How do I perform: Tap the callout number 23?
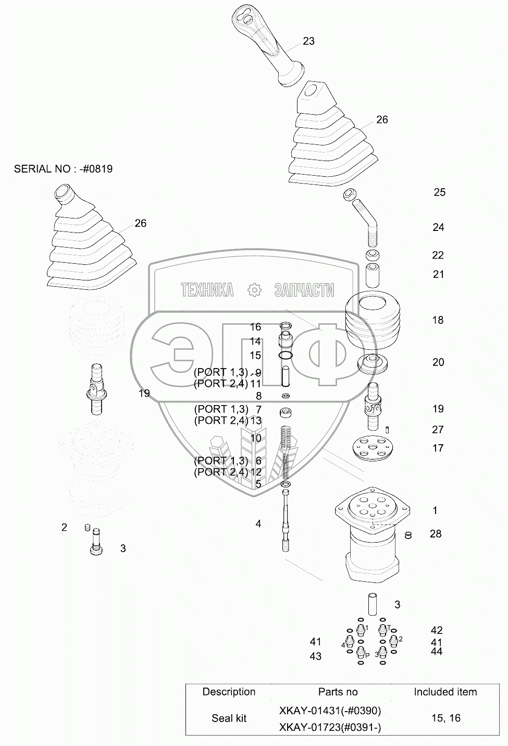tap(309, 41)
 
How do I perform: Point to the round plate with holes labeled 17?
tap(371, 447)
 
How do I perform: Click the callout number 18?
tap(438, 320)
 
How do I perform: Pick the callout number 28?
tap(436, 534)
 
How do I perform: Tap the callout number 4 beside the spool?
tap(258, 524)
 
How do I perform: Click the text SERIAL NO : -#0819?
tap(63, 169)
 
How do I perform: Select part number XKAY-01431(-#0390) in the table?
tap(330, 711)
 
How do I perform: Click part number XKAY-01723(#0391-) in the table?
tap(330, 727)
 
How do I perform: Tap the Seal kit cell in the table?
tap(229, 718)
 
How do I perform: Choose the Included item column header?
tap(445, 692)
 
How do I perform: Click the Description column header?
tap(229, 692)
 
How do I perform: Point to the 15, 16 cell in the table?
tap(446, 718)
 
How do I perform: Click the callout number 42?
tap(437, 630)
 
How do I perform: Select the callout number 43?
tap(316, 656)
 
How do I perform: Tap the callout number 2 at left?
tap(64, 528)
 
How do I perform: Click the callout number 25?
tap(440, 192)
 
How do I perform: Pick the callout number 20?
tap(438, 362)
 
